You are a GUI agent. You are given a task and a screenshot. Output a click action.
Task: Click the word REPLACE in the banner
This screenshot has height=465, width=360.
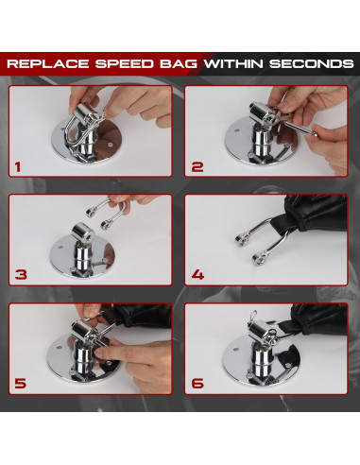(x=48, y=63)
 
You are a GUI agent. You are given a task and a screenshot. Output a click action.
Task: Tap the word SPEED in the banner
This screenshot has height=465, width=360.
(x=125, y=63)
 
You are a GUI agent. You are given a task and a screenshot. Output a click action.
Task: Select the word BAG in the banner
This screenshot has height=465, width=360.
(x=179, y=63)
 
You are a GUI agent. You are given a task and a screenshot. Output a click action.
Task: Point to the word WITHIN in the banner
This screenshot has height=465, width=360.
(x=233, y=63)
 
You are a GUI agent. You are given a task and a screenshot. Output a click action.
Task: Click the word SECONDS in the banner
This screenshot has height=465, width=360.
(x=312, y=63)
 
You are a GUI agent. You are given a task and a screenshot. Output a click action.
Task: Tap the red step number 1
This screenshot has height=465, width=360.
(x=18, y=167)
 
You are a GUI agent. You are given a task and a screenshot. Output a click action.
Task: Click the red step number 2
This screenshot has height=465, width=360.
(x=197, y=167)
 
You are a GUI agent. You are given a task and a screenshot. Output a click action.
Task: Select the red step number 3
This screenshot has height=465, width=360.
(x=21, y=275)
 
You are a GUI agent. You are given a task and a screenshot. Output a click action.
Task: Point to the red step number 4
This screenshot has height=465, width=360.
(x=197, y=275)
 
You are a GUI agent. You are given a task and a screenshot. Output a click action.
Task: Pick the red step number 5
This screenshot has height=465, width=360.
(x=21, y=384)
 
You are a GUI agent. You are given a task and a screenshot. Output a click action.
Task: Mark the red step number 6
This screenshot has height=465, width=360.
(x=197, y=384)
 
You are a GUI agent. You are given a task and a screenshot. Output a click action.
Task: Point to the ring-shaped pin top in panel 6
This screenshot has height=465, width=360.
(x=253, y=316)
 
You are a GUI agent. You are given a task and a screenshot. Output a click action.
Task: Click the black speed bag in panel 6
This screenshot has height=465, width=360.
(x=318, y=319)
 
